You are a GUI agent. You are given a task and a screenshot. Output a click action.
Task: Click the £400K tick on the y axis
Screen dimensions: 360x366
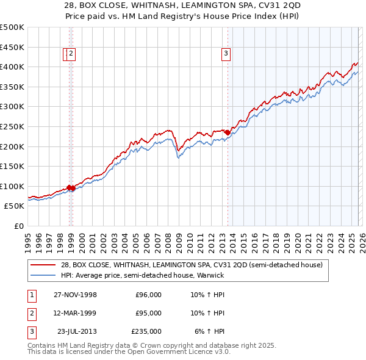coord(12,67)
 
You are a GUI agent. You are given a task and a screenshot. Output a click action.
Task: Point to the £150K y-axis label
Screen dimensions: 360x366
coord(12,166)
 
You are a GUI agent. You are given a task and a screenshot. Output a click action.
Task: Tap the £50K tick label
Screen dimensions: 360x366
coord(15,206)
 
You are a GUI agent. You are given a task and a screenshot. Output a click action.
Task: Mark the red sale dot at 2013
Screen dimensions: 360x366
coord(228,132)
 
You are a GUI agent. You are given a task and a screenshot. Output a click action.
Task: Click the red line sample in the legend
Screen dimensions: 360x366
coord(43,265)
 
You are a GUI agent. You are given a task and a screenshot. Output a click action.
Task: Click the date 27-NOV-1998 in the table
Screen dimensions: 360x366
coord(75,295)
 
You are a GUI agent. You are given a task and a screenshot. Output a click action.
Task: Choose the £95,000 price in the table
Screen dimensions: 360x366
coord(148,313)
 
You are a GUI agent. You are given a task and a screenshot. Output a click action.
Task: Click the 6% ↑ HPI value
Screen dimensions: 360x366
coord(210,331)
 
